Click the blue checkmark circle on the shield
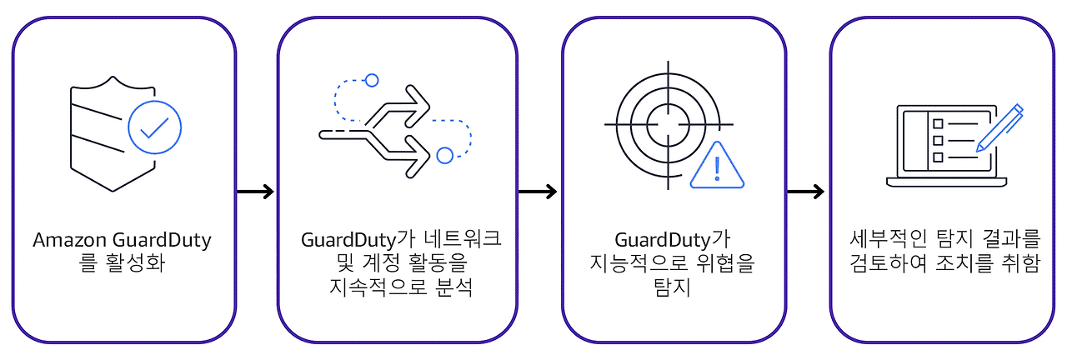click(x=154, y=129)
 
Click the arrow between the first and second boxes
click(x=255, y=192)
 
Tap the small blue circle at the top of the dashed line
click(x=372, y=80)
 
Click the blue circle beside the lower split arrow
click(x=445, y=155)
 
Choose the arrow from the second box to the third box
click(x=537, y=192)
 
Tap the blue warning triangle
click(x=717, y=167)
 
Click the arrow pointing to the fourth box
click(x=805, y=192)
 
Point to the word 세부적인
click(x=876, y=241)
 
